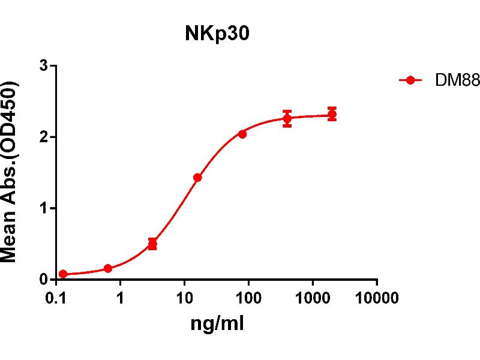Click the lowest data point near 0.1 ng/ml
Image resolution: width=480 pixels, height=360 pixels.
pos(63,274)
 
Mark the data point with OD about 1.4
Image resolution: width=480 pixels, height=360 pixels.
pos(197,178)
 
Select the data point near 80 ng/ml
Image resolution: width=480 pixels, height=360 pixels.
pos(242,134)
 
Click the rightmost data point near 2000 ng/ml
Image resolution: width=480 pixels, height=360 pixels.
pos(332,114)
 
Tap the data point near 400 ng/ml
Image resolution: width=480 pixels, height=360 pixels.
pos(287,118)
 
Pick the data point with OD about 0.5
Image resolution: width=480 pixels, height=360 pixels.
pos(152,244)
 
